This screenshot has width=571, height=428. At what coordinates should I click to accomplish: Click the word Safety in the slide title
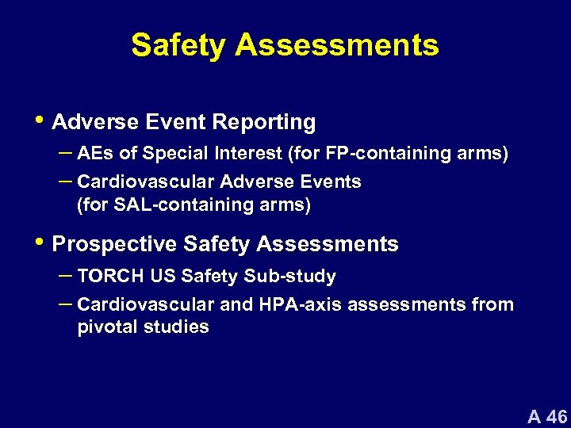(x=178, y=45)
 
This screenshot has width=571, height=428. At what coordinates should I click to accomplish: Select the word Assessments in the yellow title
(x=336, y=45)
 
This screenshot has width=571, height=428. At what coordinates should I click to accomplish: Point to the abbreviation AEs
(x=94, y=154)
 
